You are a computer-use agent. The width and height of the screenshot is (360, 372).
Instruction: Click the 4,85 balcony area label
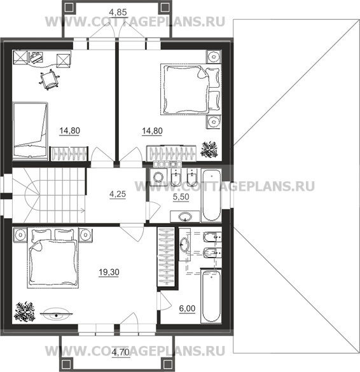pos(118,12)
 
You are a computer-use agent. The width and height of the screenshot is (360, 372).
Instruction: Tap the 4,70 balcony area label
pos(121,352)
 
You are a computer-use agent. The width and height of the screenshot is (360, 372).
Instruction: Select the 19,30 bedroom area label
pos(109,272)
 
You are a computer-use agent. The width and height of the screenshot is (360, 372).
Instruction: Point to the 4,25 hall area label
pos(118,195)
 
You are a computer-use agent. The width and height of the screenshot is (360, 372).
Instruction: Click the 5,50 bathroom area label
pos(181,197)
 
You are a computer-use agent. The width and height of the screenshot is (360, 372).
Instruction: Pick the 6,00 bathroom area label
pos(187,308)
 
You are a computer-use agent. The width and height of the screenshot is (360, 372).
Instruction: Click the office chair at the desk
pos(49,79)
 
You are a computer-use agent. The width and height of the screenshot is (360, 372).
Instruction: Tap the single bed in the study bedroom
pos(30,130)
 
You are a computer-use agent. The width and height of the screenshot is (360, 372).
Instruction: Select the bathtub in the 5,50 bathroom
pos(211,195)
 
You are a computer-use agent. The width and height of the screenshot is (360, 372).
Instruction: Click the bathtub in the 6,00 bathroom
pos(211,296)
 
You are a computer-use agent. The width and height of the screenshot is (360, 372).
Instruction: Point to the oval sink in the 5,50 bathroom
pos(185,216)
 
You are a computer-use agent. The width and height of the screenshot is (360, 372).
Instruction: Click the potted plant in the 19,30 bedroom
pos(25,311)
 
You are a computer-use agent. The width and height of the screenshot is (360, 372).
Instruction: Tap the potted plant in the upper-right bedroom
pos(209,149)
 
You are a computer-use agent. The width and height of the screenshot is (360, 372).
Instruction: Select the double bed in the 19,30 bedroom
pos(53,258)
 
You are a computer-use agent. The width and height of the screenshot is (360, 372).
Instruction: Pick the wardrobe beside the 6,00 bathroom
pos(166,256)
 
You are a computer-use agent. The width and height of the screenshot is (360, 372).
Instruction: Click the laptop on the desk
pos(36,57)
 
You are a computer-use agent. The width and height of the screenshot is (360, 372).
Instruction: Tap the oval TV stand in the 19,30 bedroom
pos(56,314)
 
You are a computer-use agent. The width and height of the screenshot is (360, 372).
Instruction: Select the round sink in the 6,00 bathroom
pos(184,244)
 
